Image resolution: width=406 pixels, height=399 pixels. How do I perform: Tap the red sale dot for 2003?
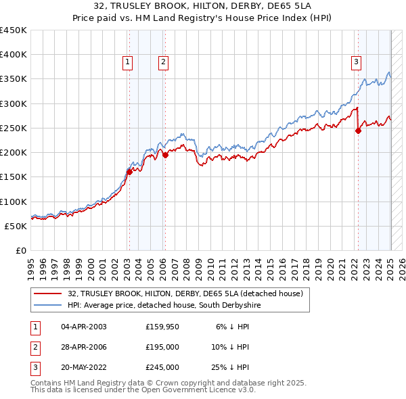[x=129, y=171]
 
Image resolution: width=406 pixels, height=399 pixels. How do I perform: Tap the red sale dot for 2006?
[x=165, y=155]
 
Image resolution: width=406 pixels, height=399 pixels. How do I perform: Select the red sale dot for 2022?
[x=358, y=131]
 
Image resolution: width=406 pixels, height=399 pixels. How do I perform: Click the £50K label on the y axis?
[x=16, y=226]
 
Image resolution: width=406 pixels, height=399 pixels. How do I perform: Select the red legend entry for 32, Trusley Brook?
[x=189, y=294]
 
